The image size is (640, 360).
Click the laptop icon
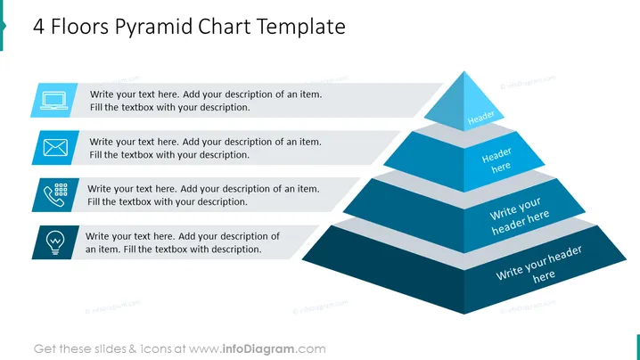tap(53, 101)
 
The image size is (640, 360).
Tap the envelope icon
tap(55, 147)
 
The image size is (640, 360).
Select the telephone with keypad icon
tap(55, 195)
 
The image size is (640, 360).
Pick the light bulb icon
tap(55, 242)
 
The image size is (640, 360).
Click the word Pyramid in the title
tap(153, 28)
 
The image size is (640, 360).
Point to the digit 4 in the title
tap(39, 27)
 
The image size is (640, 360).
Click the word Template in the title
tap(300, 28)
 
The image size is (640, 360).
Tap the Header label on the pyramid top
tap(480, 118)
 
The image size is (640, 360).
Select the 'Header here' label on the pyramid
tap(497, 160)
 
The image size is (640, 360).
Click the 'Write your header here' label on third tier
tap(519, 216)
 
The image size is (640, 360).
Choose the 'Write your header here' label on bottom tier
tap(539, 265)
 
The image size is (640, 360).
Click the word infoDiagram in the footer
tap(258, 349)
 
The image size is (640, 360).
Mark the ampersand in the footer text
tap(132, 349)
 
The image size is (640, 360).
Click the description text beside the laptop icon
tap(206, 101)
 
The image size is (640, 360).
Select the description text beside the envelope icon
tap(205, 148)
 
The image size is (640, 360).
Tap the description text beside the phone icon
tap(203, 195)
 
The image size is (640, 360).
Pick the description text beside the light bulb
tap(183, 242)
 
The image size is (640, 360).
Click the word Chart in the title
tap(225, 27)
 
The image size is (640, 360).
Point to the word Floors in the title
tap(79, 27)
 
